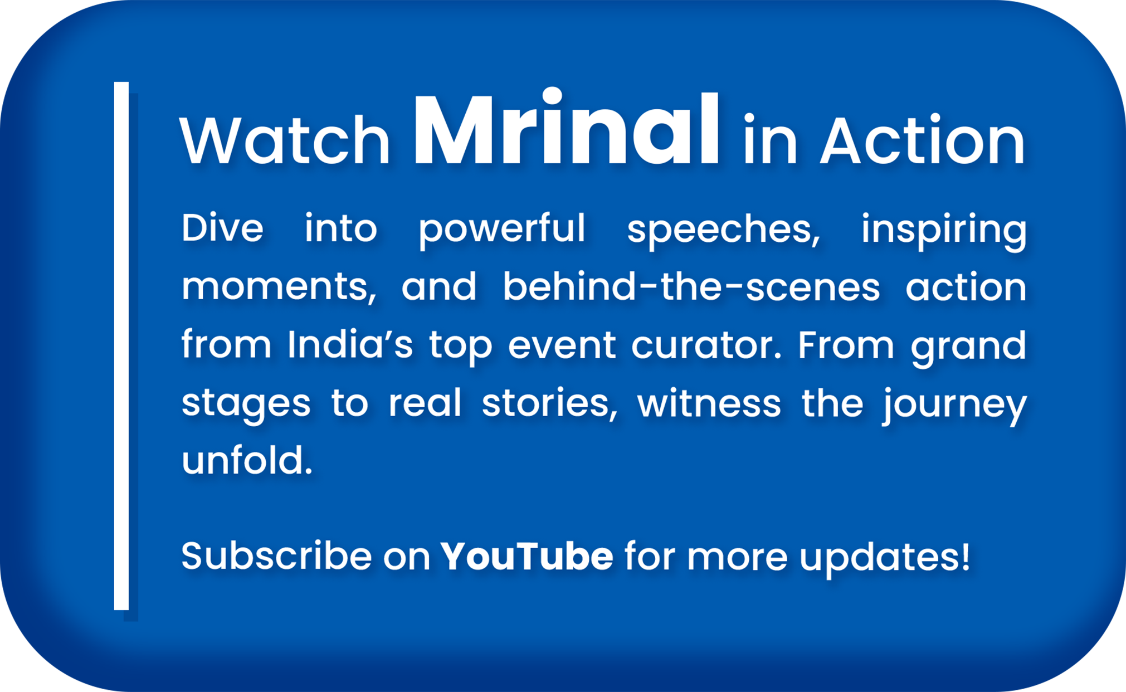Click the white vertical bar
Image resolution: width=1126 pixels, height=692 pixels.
[x=121, y=346]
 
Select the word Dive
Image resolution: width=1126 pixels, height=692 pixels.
[x=222, y=228]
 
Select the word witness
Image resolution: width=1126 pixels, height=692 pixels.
[x=709, y=402]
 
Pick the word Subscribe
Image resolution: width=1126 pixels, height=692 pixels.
[x=276, y=555]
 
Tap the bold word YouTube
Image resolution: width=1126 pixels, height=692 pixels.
[x=527, y=555]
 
